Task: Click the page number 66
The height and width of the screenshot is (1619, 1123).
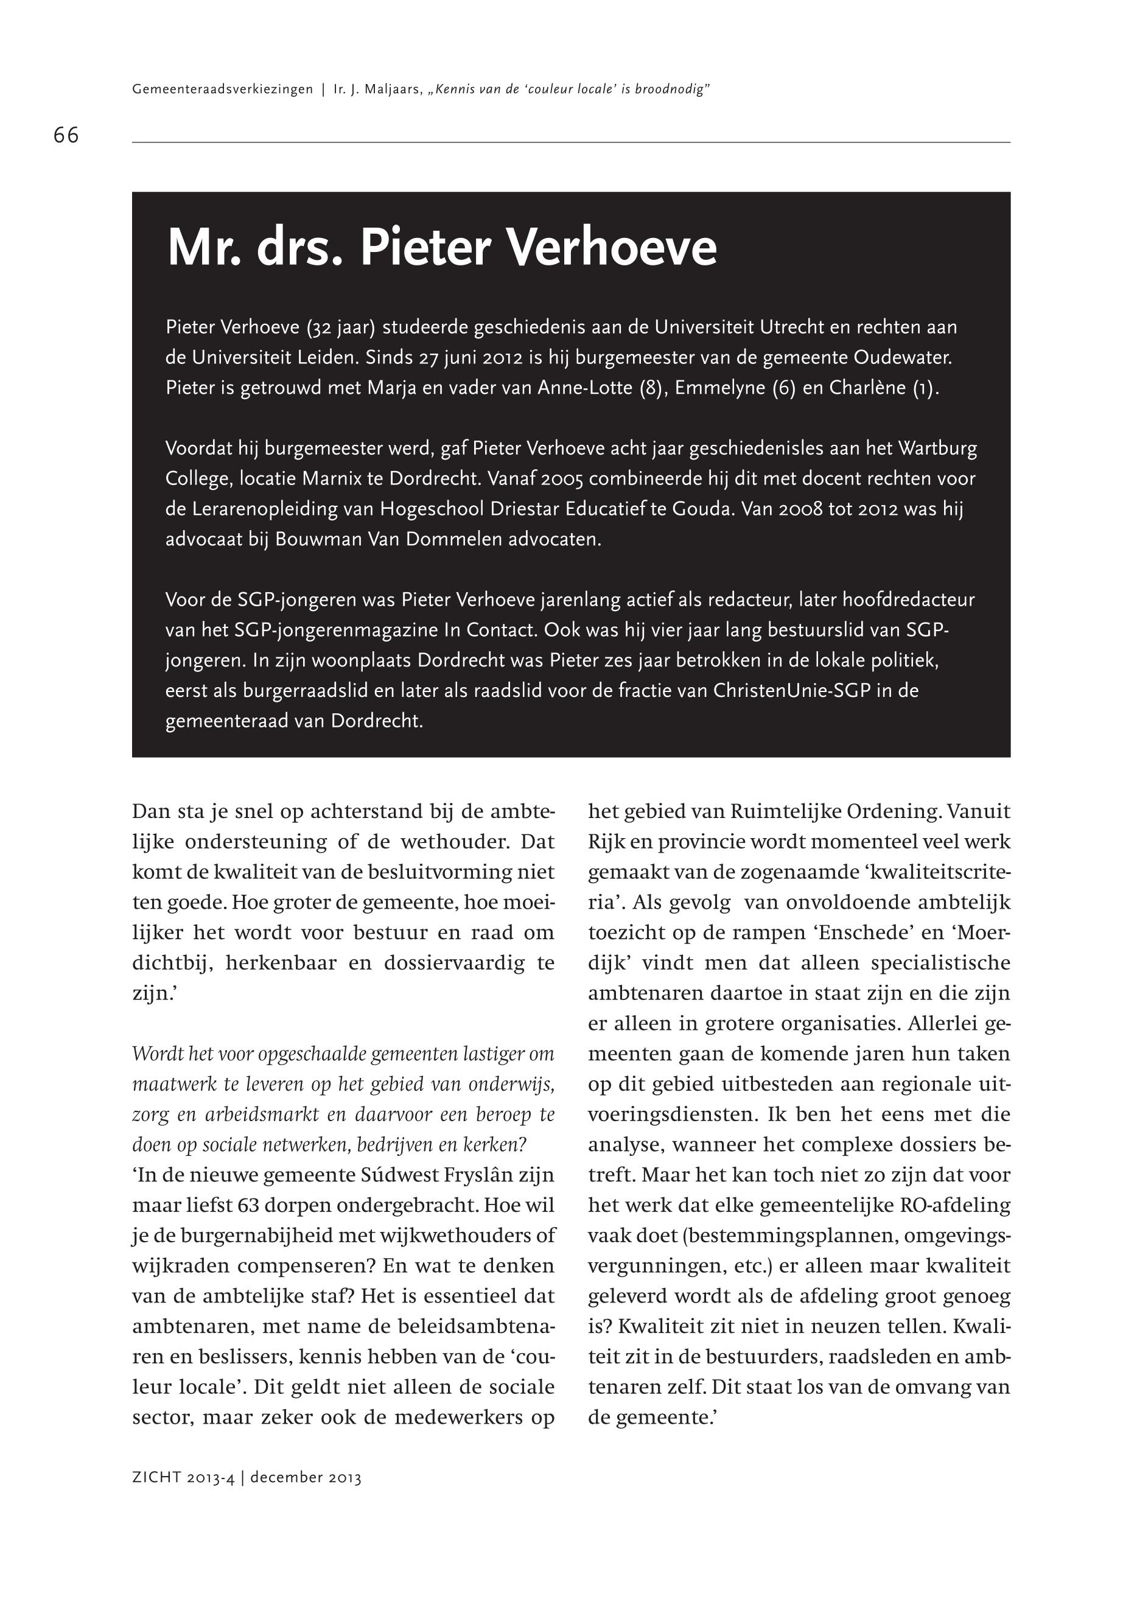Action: tap(66, 135)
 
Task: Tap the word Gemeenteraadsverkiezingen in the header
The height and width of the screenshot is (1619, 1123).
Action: tap(222, 89)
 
